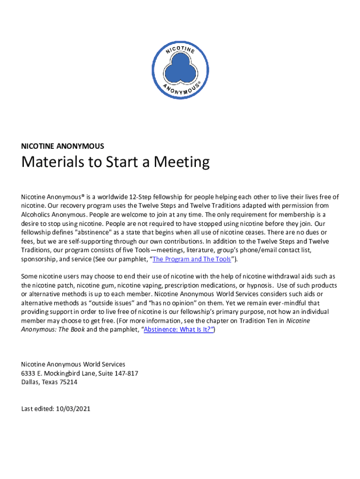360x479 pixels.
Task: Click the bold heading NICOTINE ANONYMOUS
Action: pos(63,146)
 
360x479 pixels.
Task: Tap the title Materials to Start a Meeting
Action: pos(115,163)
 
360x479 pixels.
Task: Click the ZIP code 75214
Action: pos(68,382)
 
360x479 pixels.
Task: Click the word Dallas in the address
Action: pos(30,382)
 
